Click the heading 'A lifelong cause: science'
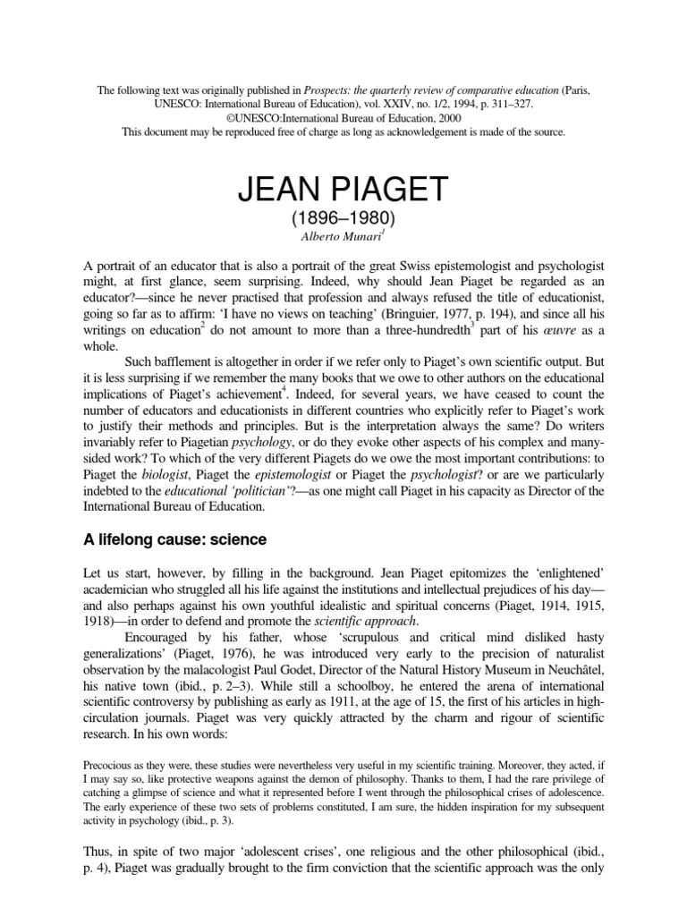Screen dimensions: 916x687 click(170, 539)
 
